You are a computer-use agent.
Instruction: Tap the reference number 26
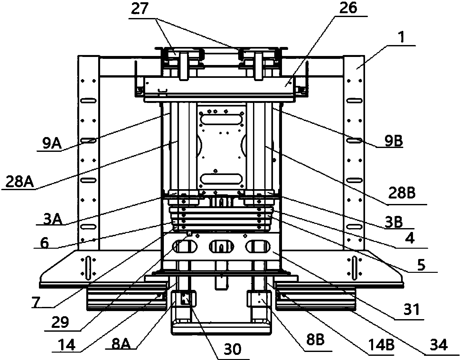click(348, 9)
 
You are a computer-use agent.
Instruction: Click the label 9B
click(390, 141)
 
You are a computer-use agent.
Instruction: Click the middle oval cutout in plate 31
click(221, 247)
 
